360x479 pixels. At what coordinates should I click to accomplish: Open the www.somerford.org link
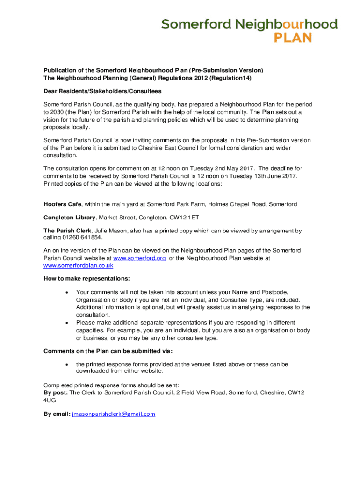pyautogui.click(x=139, y=258)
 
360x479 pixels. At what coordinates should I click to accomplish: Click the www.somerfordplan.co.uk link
pyautogui.click(x=78, y=265)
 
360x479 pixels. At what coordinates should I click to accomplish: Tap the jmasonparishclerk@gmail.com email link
pyautogui.click(x=113, y=414)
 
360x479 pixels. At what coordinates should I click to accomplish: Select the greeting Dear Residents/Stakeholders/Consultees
pyautogui.click(x=102, y=91)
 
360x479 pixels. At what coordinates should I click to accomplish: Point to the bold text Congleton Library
pyautogui.click(x=70, y=218)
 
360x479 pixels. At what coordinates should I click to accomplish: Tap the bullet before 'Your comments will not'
pyautogui.click(x=68, y=292)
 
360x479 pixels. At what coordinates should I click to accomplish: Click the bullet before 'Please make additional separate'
pyautogui.click(x=68, y=323)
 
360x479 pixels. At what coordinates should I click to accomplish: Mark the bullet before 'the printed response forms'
pyautogui.click(x=68, y=364)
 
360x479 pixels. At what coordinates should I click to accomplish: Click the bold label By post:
pyautogui.click(x=55, y=392)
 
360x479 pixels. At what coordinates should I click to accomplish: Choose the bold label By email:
pyautogui.click(x=57, y=414)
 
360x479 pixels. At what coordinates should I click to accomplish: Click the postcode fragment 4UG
pyautogui.click(x=50, y=400)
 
